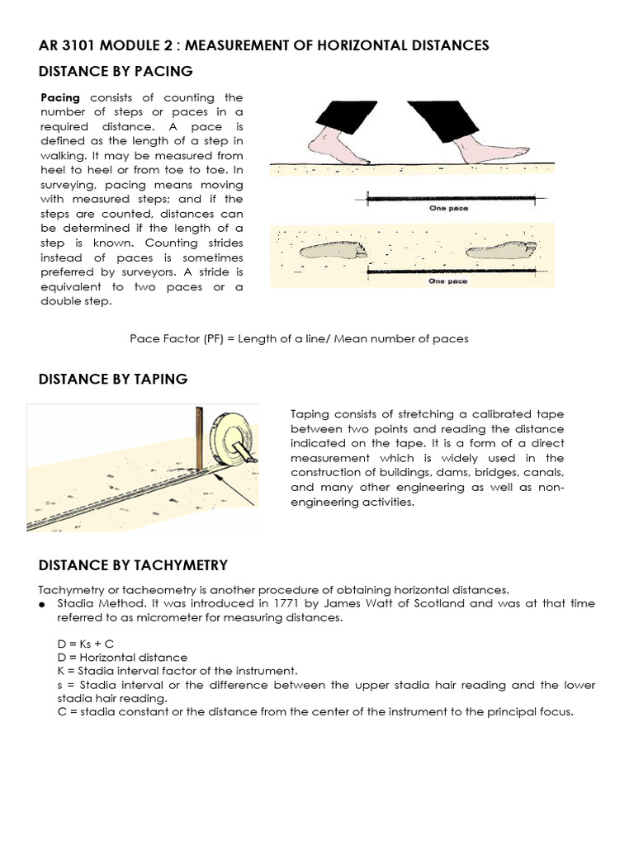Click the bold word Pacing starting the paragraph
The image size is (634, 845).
(x=60, y=97)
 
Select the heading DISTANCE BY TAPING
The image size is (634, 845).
(x=113, y=379)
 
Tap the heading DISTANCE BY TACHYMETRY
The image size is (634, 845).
(x=133, y=564)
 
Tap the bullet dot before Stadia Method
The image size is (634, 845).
(x=42, y=604)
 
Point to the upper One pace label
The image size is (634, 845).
(x=448, y=208)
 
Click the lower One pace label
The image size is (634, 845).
(x=448, y=281)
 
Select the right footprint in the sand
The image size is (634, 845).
(x=501, y=248)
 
